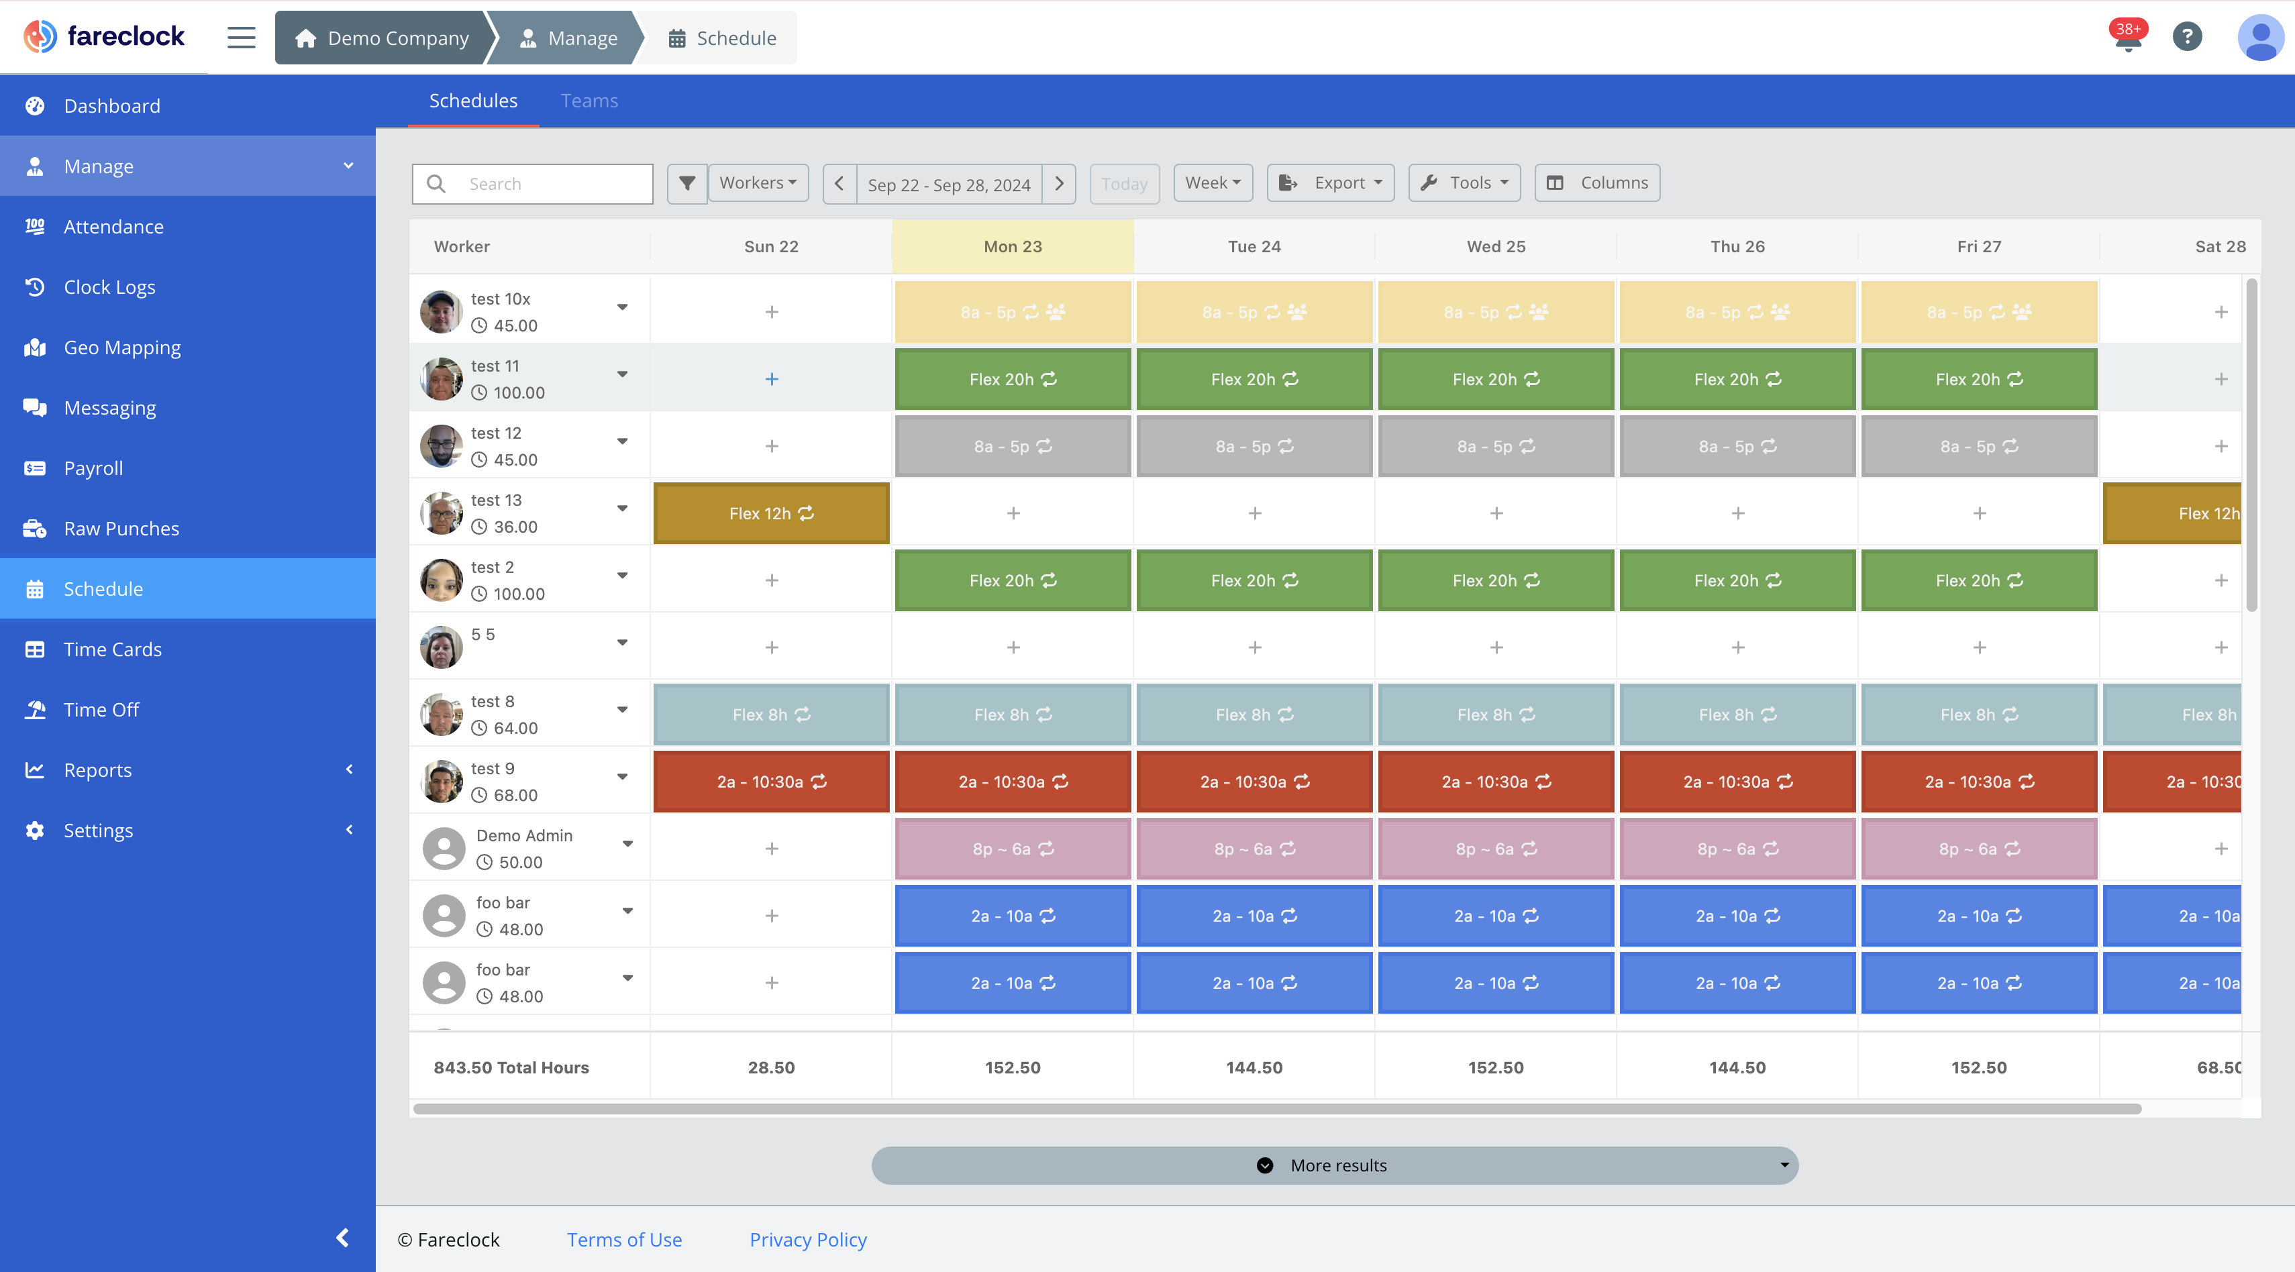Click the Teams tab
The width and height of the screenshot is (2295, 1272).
589,101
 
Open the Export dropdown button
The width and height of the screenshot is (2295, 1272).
1330,182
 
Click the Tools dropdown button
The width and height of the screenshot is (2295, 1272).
1464,182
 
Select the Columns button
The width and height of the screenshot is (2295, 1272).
1596,182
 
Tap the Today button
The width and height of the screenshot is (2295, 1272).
1123,184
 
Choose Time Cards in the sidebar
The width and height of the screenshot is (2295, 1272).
112,649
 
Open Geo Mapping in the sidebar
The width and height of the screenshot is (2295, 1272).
122,348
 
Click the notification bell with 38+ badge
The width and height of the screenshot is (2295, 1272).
2127,38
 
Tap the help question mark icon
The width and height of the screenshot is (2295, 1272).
2186,36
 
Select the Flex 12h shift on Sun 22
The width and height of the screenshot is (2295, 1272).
770,513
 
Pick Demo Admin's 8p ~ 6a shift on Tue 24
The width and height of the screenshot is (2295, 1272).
1254,849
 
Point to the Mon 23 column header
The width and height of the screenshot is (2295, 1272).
1012,247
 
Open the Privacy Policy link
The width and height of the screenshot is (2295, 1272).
807,1239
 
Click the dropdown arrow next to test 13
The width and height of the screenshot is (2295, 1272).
622,509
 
